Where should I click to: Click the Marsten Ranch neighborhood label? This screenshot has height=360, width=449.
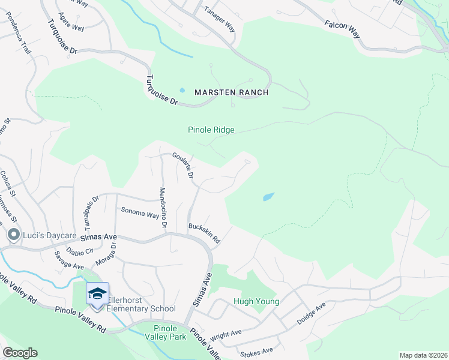(231, 92)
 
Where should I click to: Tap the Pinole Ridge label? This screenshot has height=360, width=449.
(211, 130)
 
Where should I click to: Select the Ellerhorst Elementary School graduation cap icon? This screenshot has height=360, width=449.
(97, 293)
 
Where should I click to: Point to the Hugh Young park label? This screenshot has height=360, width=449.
(256, 301)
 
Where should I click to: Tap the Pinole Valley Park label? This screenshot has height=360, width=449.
(165, 332)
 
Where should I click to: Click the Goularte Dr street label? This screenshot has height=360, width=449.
(182, 166)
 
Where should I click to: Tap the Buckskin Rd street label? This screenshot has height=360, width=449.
(204, 233)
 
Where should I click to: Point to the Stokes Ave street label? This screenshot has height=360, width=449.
(256, 350)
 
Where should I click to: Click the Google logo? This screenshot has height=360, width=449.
(20, 353)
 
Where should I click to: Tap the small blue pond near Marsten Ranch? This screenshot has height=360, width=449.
(182, 91)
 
